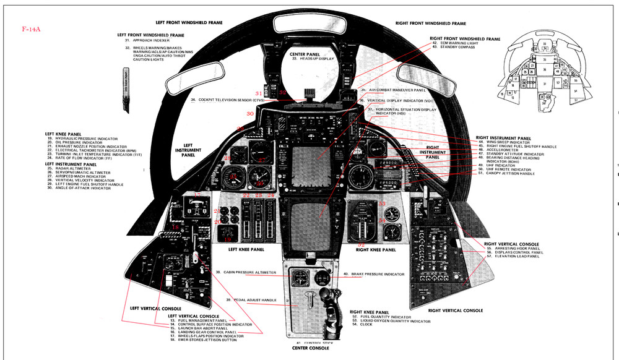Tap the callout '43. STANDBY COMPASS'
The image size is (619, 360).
pos(457,47)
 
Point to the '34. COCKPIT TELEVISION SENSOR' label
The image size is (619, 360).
pos(228,100)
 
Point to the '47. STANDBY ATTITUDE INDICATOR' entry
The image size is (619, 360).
pos(511,154)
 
